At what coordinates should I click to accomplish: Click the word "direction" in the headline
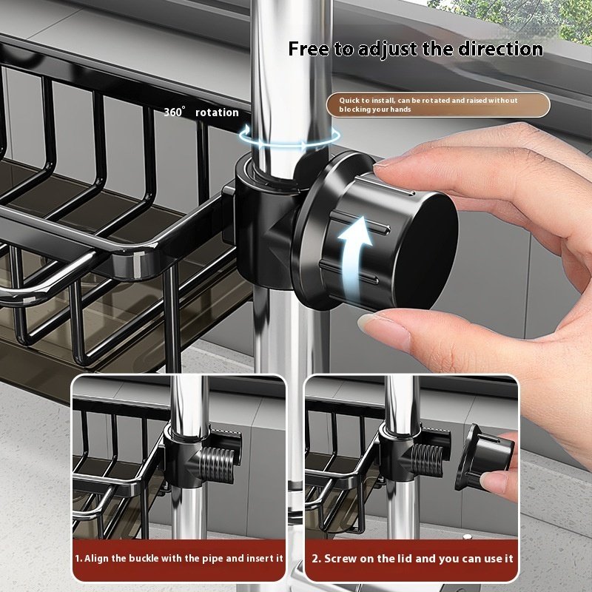[500, 50]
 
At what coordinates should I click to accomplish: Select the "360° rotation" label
[201, 112]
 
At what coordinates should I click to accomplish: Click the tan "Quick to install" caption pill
[438, 105]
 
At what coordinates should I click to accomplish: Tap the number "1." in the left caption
[78, 559]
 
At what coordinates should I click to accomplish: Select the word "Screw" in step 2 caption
[341, 559]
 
